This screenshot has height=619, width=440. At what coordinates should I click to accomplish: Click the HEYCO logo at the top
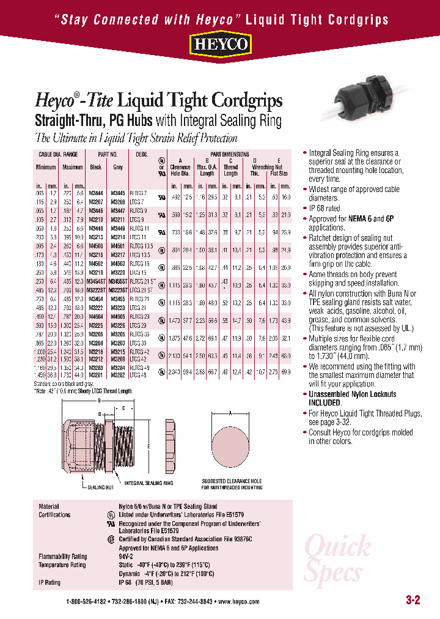pyautogui.click(x=219, y=45)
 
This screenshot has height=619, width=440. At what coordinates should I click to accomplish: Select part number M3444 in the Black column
pyautogui.click(x=95, y=193)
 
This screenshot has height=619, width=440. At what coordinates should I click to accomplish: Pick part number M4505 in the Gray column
pyautogui.click(x=118, y=317)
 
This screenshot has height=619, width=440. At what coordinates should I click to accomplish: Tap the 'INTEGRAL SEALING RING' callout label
pyautogui.click(x=149, y=483)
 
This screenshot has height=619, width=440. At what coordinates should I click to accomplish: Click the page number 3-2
pyautogui.click(x=413, y=599)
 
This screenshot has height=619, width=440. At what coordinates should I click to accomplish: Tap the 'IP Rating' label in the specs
pyautogui.click(x=50, y=582)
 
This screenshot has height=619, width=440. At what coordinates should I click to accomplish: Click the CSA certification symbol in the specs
pyautogui.click(x=111, y=539)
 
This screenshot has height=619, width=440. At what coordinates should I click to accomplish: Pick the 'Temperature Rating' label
pyautogui.click(x=62, y=565)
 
